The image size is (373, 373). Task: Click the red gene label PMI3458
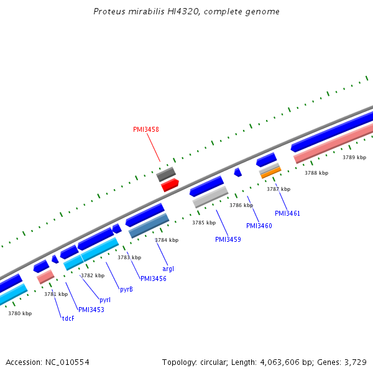146,129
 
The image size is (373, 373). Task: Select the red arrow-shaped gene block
170,185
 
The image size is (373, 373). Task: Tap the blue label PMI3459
228,239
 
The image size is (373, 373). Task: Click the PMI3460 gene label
259,226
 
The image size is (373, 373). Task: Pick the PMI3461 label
287,213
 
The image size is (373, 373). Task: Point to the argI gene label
168,269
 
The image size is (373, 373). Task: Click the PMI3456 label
154,279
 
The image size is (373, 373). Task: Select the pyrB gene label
126,289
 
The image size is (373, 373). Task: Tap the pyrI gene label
105,300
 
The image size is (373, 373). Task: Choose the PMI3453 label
91,309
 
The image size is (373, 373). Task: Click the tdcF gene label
67,318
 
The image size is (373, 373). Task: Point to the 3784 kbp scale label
166,240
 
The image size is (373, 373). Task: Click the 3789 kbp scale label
354,157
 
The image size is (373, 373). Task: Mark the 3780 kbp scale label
19,313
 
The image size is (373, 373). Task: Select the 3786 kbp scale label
241,205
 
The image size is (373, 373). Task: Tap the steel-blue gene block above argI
149,226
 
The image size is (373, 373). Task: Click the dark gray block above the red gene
166,173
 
